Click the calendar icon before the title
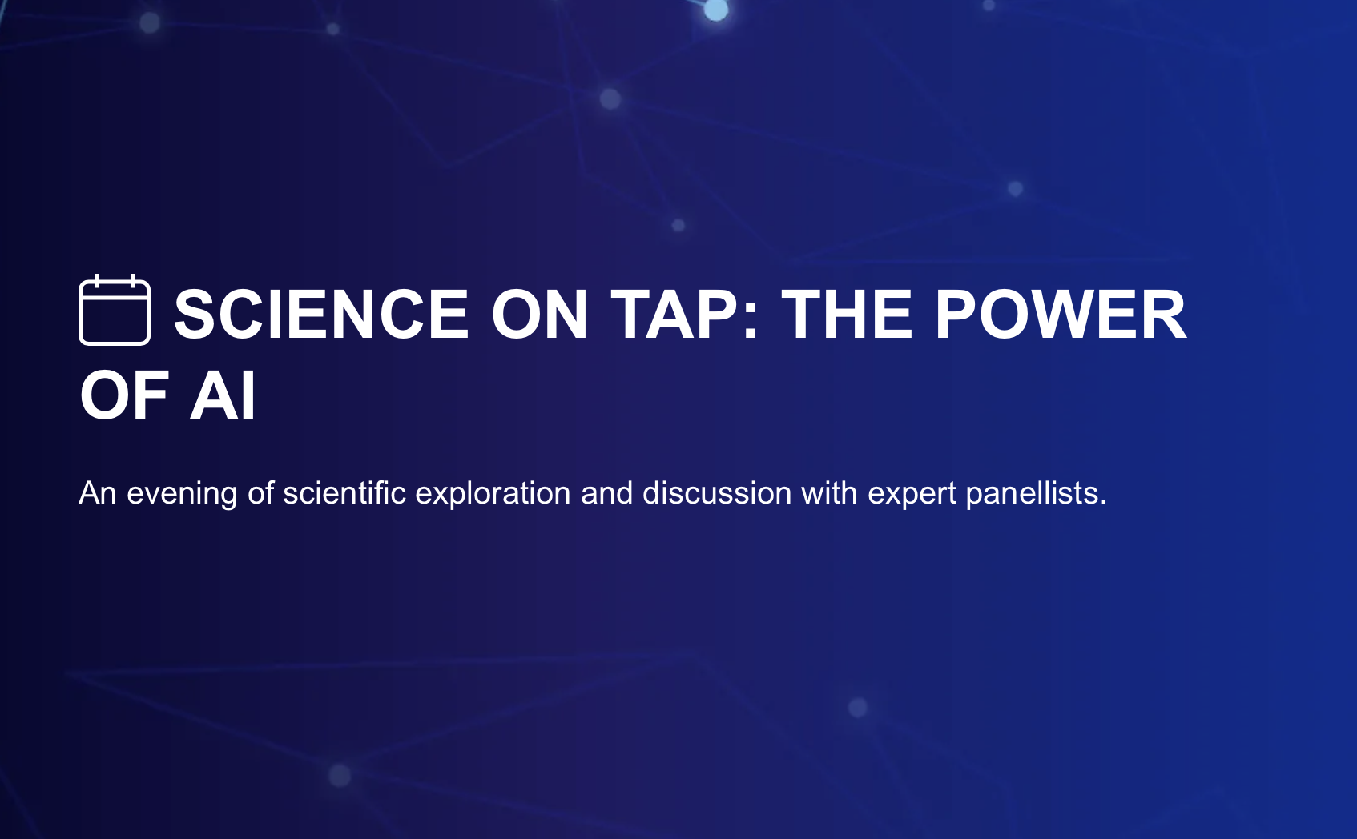115,311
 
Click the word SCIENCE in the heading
321,315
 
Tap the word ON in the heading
540,315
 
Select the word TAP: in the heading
685,315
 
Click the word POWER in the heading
1061,315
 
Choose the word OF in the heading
124,395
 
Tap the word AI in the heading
223,395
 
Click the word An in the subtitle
98,493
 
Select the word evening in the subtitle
182,493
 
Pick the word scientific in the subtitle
344,493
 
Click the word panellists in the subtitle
1032,493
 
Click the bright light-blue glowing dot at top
715,10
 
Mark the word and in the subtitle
606,493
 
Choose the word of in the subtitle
260,493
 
